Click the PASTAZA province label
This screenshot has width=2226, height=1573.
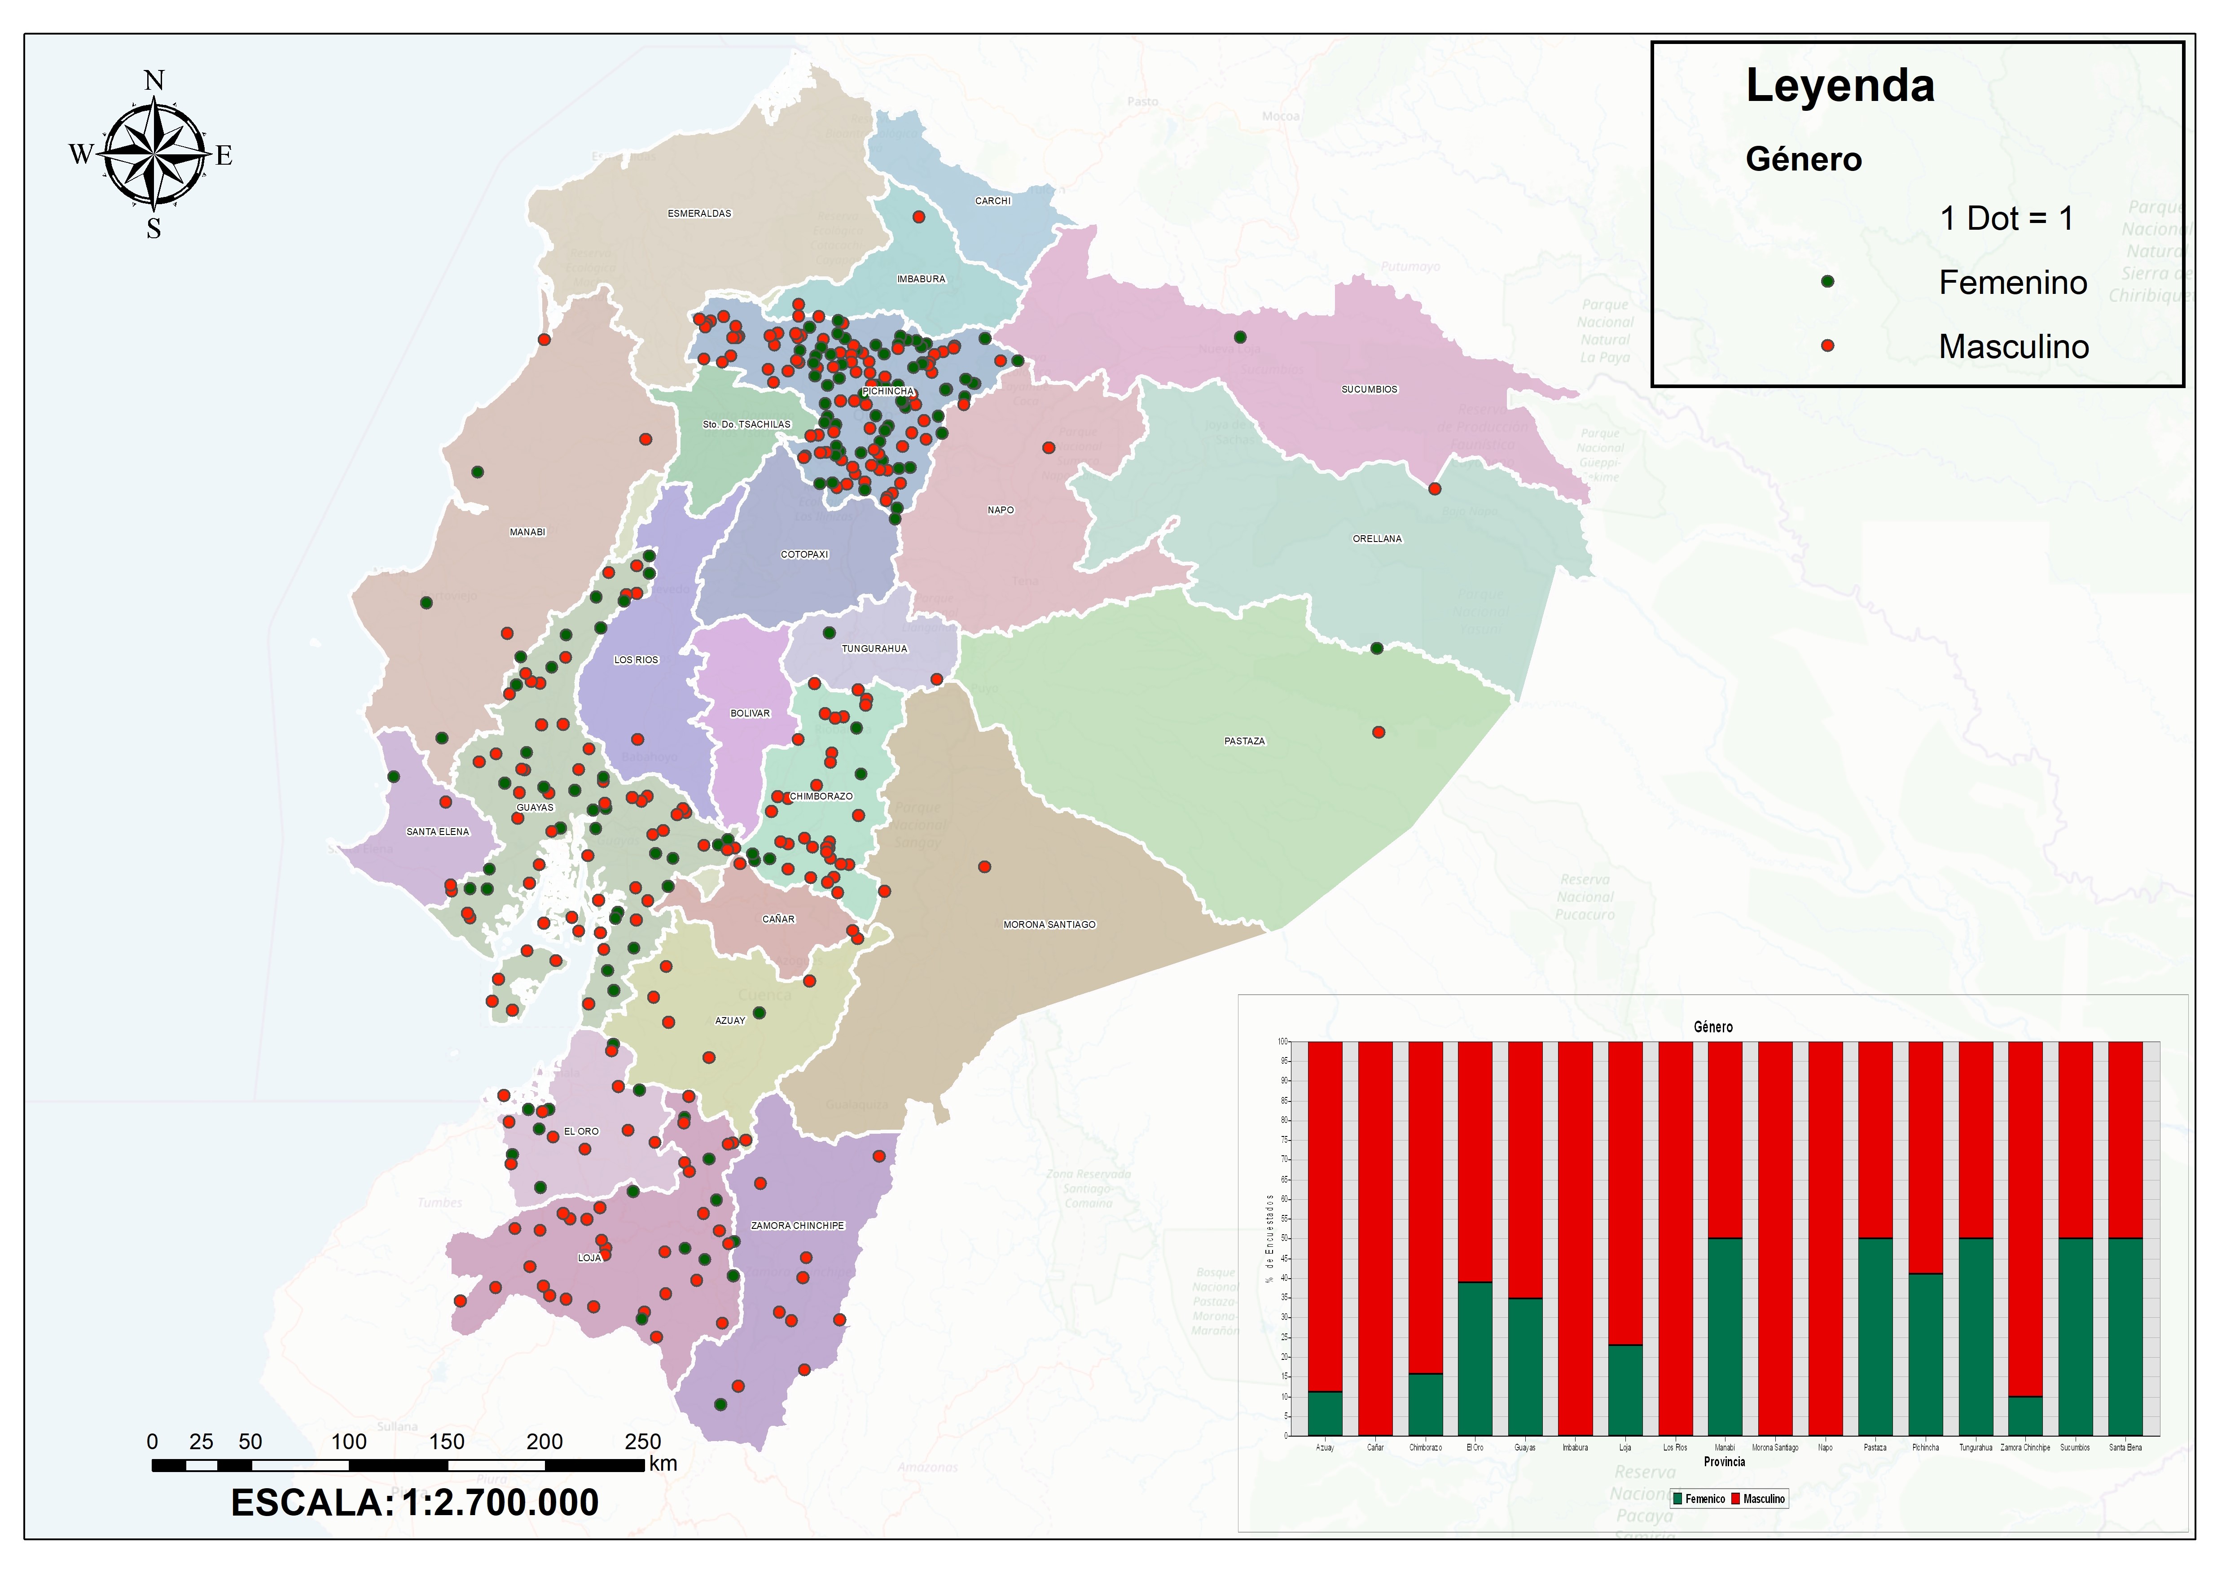coord(1244,742)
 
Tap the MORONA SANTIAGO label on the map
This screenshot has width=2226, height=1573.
coord(1049,925)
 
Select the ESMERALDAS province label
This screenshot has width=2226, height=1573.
coord(699,213)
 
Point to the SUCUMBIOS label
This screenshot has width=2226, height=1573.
coord(1369,389)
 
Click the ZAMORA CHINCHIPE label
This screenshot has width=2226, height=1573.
coord(797,1226)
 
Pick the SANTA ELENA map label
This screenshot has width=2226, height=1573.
coord(437,831)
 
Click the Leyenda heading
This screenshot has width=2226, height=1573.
coord(1839,86)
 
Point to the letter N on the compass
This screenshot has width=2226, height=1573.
coord(154,80)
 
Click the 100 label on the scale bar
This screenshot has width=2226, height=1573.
coord(349,1441)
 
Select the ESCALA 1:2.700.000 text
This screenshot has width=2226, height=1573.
coord(415,1502)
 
